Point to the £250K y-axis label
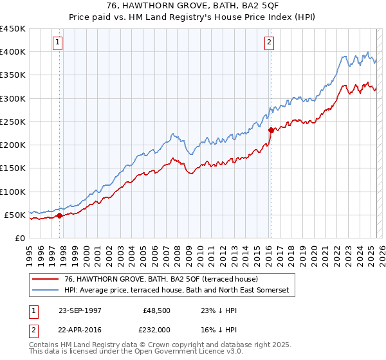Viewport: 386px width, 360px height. click(x=13, y=122)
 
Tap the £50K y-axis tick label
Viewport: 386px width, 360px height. click(x=15, y=215)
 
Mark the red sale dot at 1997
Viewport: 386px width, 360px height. click(x=60, y=216)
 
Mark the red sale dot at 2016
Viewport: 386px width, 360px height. click(x=271, y=130)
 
